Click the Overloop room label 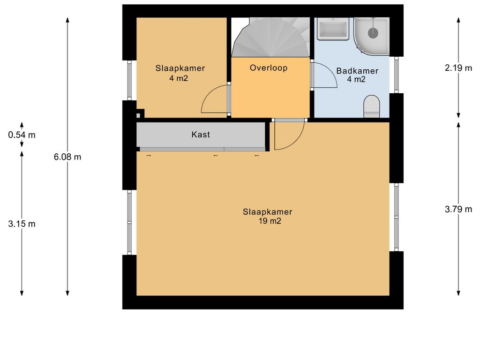point(269,68)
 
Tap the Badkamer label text point(357,71)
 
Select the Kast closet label point(201,135)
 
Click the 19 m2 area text point(270,221)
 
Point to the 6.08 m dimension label point(67,157)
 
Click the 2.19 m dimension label point(458,68)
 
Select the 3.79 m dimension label point(458,209)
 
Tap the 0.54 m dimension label point(22,135)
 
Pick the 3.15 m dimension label point(22,224)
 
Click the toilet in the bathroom point(372,106)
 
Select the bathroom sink point(333,29)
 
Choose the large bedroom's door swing point(287,136)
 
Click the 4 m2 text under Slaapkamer point(179,79)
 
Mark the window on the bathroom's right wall point(396,75)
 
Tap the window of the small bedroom point(129,81)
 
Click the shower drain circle point(373,32)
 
